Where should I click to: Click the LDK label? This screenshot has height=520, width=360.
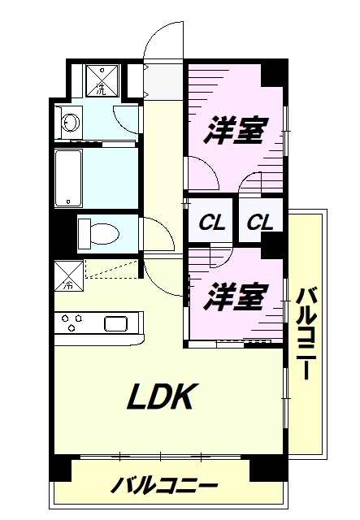[x=160, y=397]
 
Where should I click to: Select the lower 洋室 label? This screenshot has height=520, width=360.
[x=234, y=297]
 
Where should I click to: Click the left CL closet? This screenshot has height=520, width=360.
[x=211, y=221]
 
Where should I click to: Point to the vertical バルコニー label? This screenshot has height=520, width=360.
[x=306, y=333]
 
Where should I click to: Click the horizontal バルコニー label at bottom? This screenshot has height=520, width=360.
[x=165, y=487]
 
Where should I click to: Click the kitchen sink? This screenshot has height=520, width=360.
[x=115, y=323]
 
